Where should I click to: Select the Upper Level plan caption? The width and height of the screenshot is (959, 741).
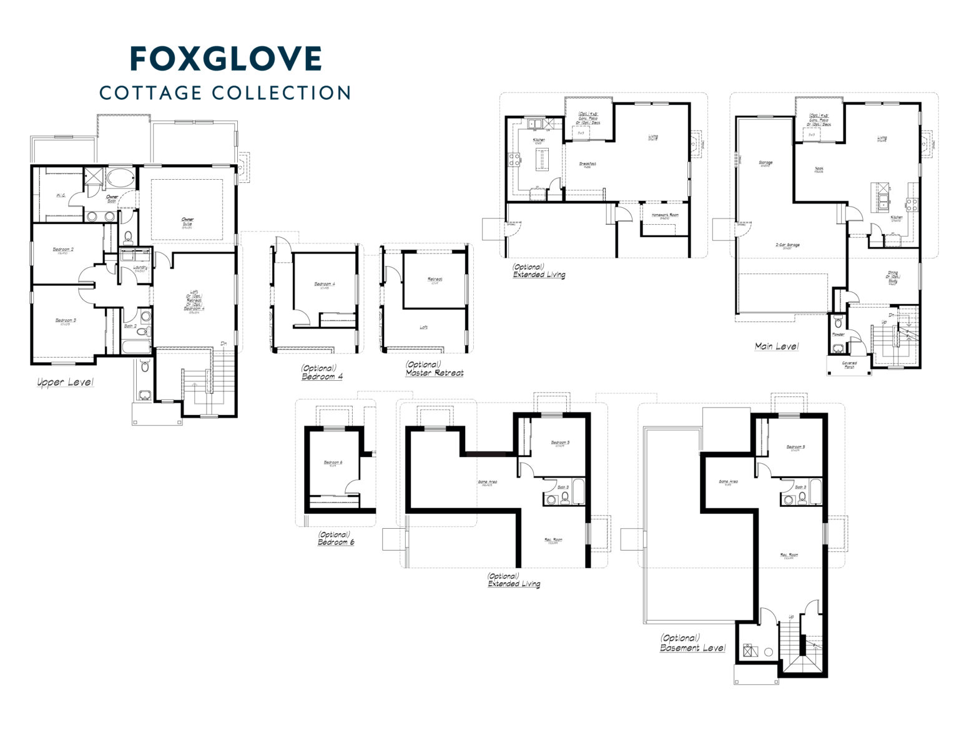coord(65,382)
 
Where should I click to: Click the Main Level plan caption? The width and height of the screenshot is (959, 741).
coord(776,346)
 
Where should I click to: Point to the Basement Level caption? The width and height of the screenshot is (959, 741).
coord(692,648)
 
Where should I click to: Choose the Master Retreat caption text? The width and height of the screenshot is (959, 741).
coord(434,373)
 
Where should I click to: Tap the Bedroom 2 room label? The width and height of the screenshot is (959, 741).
coord(63,250)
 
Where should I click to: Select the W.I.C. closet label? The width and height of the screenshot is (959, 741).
coord(61,195)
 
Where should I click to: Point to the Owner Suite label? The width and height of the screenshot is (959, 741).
coord(187,222)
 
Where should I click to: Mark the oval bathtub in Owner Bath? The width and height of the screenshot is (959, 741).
coord(119,179)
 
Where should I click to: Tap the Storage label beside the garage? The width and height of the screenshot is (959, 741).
coord(765,163)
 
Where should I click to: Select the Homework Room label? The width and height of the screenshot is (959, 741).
coord(664,215)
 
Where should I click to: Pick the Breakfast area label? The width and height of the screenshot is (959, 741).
coord(588,164)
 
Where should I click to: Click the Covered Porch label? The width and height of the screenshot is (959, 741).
coord(849,364)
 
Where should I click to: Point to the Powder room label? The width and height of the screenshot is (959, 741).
coord(838,335)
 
